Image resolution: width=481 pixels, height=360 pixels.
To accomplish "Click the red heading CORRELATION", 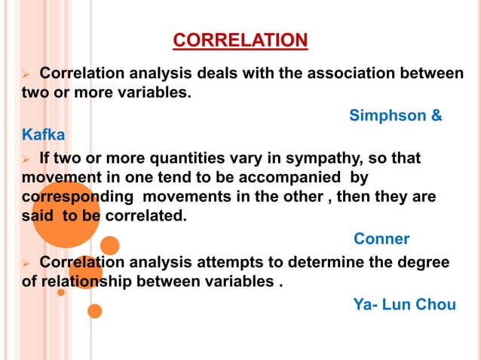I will pos(240,39).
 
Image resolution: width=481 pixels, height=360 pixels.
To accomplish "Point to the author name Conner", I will pos(381,239).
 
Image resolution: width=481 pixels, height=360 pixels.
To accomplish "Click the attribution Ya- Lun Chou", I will pos(404,304).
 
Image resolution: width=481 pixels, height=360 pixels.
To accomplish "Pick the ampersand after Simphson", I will pos(436,115).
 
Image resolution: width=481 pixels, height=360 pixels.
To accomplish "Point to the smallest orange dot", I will pos(61,291).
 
